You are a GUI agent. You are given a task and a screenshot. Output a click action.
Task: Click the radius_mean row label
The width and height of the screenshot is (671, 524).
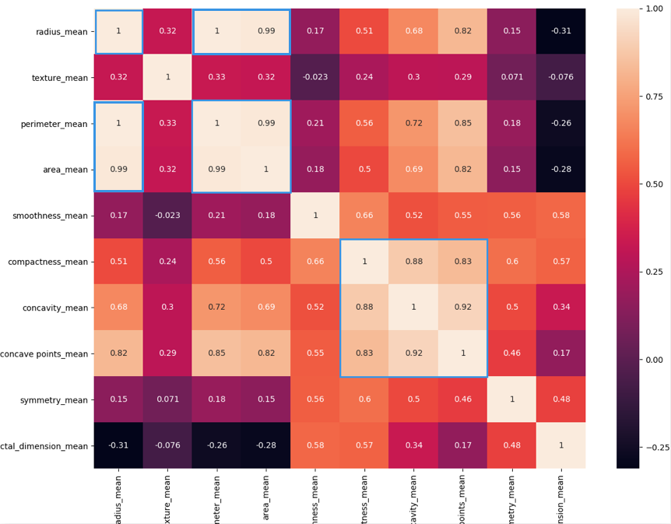[61, 32]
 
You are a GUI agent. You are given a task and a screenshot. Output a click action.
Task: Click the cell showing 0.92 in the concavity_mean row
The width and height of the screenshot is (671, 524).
[462, 308]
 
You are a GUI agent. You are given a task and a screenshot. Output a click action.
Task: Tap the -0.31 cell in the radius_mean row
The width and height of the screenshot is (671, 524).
[560, 31]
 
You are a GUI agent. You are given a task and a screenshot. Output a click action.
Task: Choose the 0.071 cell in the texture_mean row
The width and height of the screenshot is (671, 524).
[511, 77]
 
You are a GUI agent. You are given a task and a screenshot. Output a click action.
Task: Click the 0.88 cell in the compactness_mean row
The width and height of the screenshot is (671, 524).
[413, 262]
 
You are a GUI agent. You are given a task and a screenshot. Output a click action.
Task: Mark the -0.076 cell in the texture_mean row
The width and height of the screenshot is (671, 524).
[560, 77]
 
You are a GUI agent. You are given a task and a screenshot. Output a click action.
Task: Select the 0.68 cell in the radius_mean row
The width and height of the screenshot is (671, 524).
[413, 31]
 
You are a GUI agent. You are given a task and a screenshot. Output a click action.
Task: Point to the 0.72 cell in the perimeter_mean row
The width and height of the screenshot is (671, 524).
[413, 123]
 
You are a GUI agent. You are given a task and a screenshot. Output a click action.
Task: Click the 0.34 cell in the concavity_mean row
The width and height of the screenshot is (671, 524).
[560, 308]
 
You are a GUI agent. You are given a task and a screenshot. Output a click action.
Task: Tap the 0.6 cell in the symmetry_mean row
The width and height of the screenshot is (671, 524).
[364, 399]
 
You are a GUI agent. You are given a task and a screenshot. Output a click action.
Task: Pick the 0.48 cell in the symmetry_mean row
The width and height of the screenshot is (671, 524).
[560, 399]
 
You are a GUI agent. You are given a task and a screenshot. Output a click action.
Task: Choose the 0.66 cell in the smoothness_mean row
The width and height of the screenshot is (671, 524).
[364, 216]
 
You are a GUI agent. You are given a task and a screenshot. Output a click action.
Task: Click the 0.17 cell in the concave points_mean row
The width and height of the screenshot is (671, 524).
[560, 353]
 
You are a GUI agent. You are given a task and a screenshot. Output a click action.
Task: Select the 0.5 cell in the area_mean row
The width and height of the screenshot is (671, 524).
[364, 170]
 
